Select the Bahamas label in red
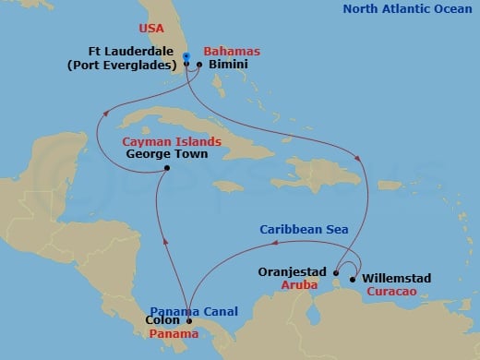point(232,52)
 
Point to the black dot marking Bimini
point(199,65)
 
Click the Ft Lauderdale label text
point(137,52)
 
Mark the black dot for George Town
point(166,168)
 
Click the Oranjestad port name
point(295,273)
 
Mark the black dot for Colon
point(189,322)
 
